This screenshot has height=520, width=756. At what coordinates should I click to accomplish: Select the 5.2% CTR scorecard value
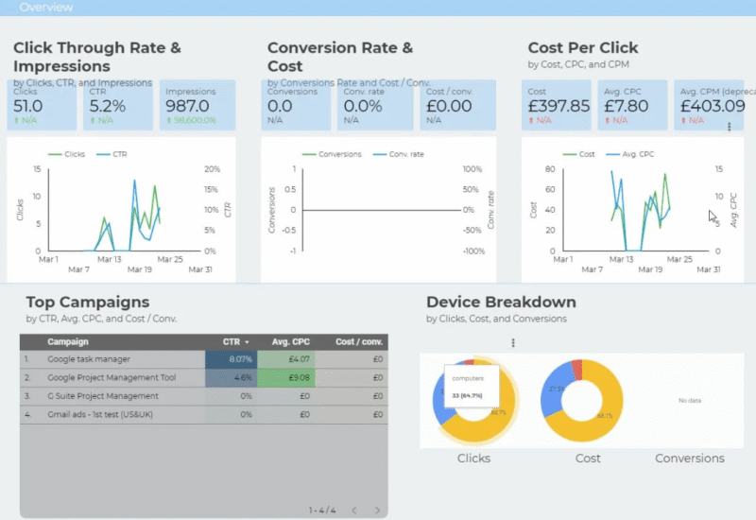[x=107, y=106]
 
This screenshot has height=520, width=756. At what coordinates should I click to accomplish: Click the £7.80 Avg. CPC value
[x=626, y=106]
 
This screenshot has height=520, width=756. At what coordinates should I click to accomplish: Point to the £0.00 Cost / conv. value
[x=449, y=106]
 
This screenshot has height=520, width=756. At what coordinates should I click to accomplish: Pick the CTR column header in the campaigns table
[x=231, y=341]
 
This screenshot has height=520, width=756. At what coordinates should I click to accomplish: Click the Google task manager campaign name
[x=89, y=359]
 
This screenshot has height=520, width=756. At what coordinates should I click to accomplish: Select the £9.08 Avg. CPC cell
[x=298, y=377]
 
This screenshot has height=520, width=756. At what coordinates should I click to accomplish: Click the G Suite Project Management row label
[x=103, y=395]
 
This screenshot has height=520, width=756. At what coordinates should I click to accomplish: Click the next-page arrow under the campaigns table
[x=377, y=511]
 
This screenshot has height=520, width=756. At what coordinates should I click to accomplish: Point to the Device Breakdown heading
[x=501, y=303]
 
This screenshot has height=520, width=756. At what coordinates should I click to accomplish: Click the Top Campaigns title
[x=87, y=303]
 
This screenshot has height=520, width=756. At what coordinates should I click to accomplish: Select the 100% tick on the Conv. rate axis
[x=473, y=169]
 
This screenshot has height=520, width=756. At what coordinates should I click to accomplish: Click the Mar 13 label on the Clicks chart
[x=111, y=259]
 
